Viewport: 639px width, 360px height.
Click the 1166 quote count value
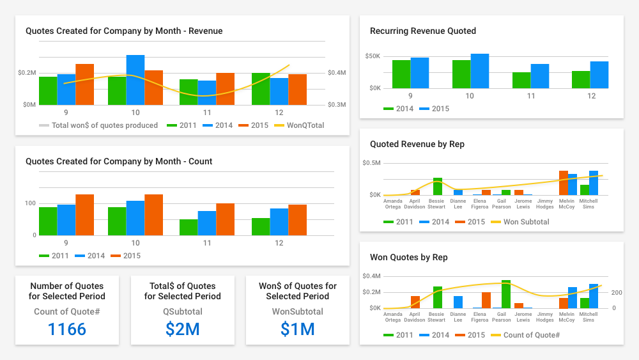67,329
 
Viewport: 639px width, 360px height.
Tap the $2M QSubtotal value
182,329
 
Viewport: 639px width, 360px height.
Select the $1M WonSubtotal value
297,329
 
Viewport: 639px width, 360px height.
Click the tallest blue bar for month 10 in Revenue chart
135,80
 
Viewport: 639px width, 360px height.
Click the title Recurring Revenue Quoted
422,31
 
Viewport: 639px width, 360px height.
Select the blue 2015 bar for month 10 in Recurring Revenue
480,71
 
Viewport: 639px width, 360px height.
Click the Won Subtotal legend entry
520,222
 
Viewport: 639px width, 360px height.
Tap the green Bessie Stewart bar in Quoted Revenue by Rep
438,187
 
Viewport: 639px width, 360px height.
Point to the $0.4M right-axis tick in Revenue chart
337,73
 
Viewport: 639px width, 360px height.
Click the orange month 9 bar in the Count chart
84,215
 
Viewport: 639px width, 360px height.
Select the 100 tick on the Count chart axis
30,203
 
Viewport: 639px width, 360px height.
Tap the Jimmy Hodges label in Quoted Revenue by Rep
545,203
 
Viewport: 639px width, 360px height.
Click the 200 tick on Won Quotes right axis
617,292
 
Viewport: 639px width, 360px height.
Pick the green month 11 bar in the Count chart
189,228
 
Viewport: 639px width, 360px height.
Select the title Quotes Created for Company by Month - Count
119,161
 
